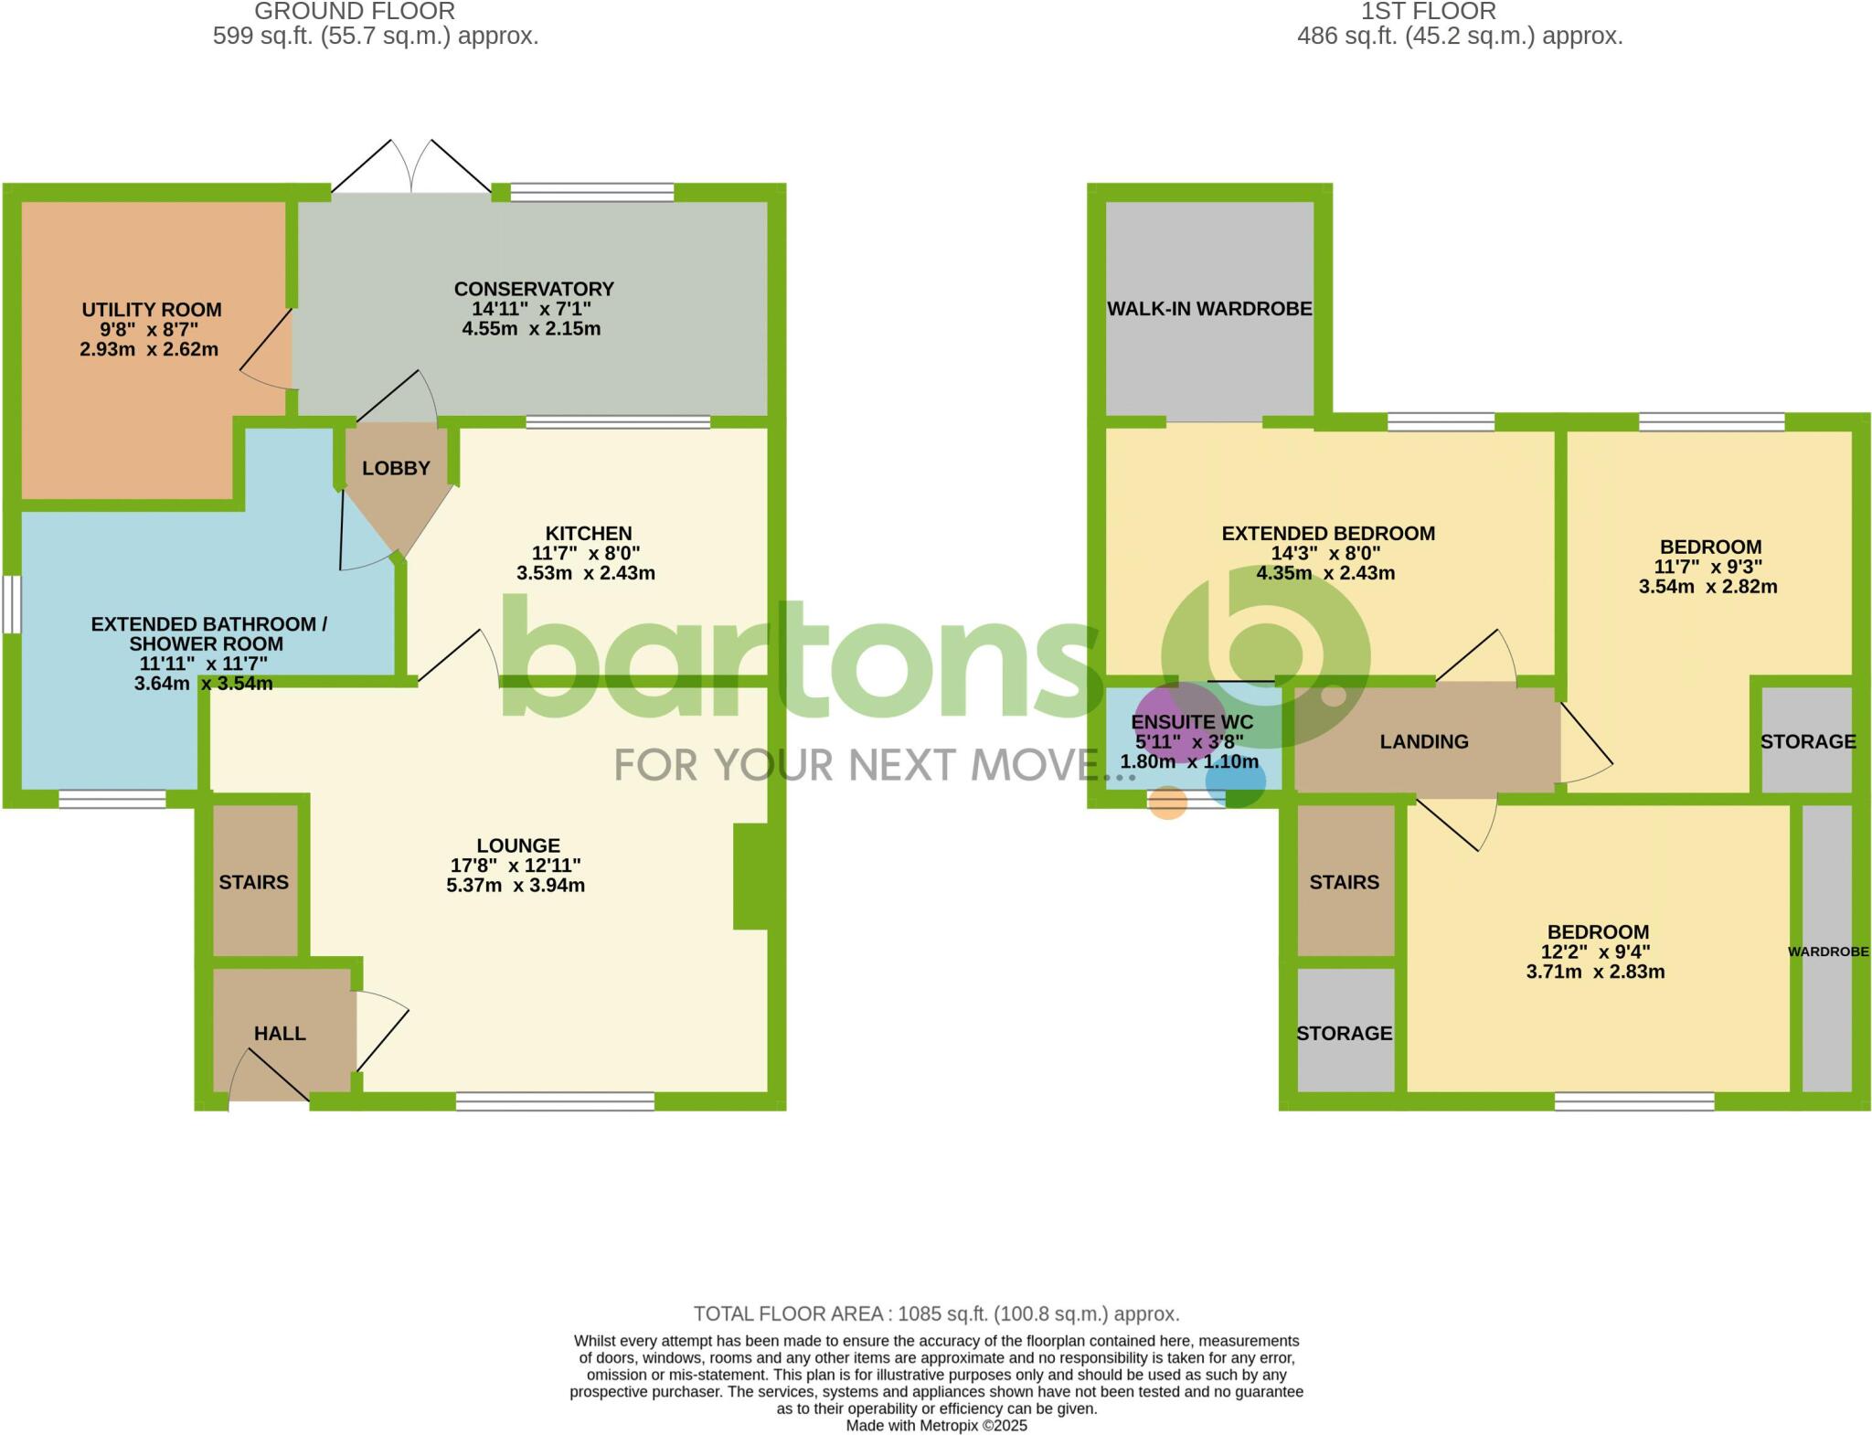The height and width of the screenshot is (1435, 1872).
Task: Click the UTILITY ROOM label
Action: (152, 310)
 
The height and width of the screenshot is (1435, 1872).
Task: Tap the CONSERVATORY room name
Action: (534, 289)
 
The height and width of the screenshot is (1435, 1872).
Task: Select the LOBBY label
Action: (396, 468)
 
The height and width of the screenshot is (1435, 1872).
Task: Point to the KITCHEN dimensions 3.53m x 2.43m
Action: (586, 574)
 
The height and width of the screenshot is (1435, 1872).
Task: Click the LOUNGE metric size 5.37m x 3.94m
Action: (516, 885)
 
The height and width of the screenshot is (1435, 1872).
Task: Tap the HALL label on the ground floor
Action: (280, 1033)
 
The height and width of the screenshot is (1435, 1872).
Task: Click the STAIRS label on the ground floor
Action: (253, 882)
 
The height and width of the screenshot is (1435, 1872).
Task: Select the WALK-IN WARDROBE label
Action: (1209, 309)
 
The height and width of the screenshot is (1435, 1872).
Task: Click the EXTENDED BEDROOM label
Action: (1328, 533)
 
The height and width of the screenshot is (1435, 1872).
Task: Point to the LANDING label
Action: (1424, 741)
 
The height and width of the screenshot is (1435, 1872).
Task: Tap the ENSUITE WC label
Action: (1192, 722)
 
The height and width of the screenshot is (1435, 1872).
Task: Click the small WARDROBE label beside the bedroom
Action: (1828, 951)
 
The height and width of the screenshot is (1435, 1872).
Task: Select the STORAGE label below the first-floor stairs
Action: (1345, 1033)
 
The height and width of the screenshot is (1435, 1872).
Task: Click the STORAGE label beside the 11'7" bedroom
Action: (1808, 741)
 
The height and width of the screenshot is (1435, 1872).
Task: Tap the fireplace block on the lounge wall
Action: (750, 877)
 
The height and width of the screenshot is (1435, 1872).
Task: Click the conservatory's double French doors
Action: (411, 169)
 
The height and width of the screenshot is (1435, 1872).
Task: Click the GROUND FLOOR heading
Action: (355, 12)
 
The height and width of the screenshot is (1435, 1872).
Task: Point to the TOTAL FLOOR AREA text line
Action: (936, 1313)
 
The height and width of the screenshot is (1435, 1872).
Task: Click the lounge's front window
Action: (555, 1101)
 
